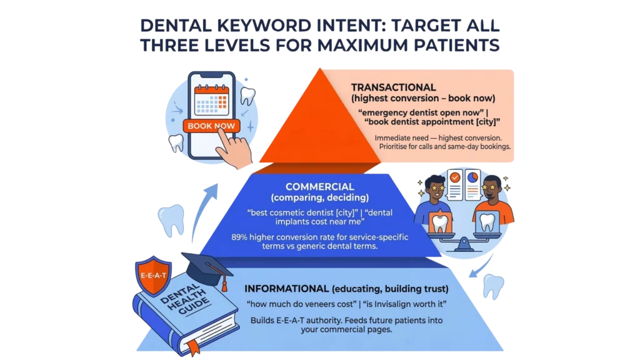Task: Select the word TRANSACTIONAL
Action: point(393,87)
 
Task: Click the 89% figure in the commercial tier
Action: point(241,237)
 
